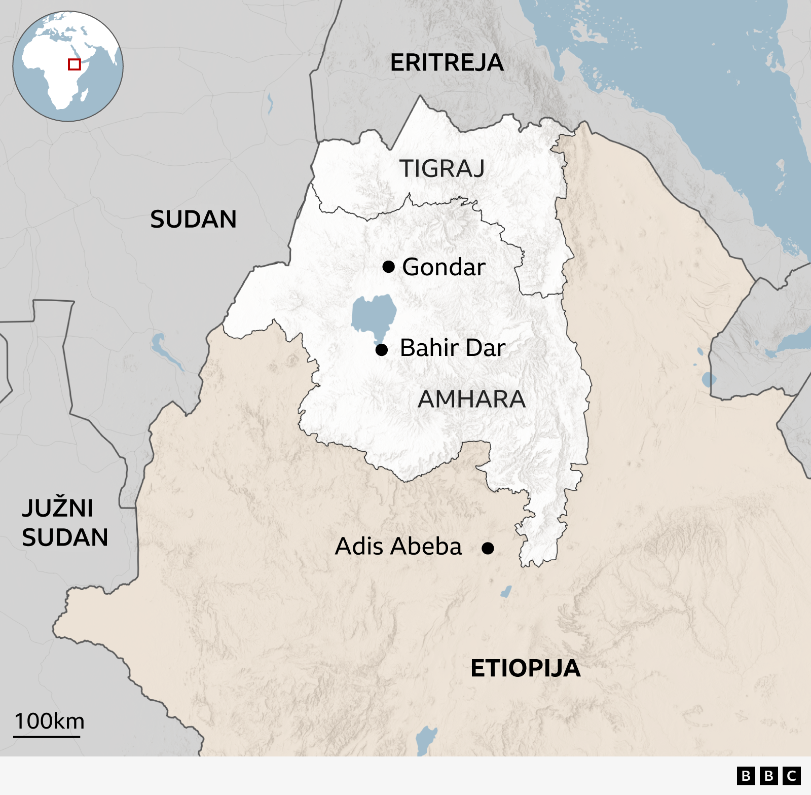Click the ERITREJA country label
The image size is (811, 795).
tap(447, 63)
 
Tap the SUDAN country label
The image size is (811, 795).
tap(193, 220)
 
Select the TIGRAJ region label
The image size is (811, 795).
tap(441, 168)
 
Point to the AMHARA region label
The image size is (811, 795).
tap(471, 399)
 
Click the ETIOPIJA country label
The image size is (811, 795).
tap(525, 668)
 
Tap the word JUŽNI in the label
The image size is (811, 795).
tap(57, 508)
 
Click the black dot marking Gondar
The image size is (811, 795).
tap(388, 267)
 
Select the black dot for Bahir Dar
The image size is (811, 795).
tap(382, 349)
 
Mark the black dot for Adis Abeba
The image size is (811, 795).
tap(488, 548)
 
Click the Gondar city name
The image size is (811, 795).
tap(444, 267)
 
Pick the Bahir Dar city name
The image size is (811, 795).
tap(453, 348)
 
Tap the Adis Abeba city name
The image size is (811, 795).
tap(398, 547)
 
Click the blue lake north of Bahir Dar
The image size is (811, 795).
tap(374, 314)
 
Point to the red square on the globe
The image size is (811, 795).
tap(75, 64)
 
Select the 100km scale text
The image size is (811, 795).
tap(49, 721)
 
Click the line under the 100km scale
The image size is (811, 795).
tap(47, 736)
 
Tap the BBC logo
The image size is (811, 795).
tap(768, 776)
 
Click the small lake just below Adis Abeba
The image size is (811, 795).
tap(506, 591)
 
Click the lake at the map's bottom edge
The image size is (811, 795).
tap(426, 739)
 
